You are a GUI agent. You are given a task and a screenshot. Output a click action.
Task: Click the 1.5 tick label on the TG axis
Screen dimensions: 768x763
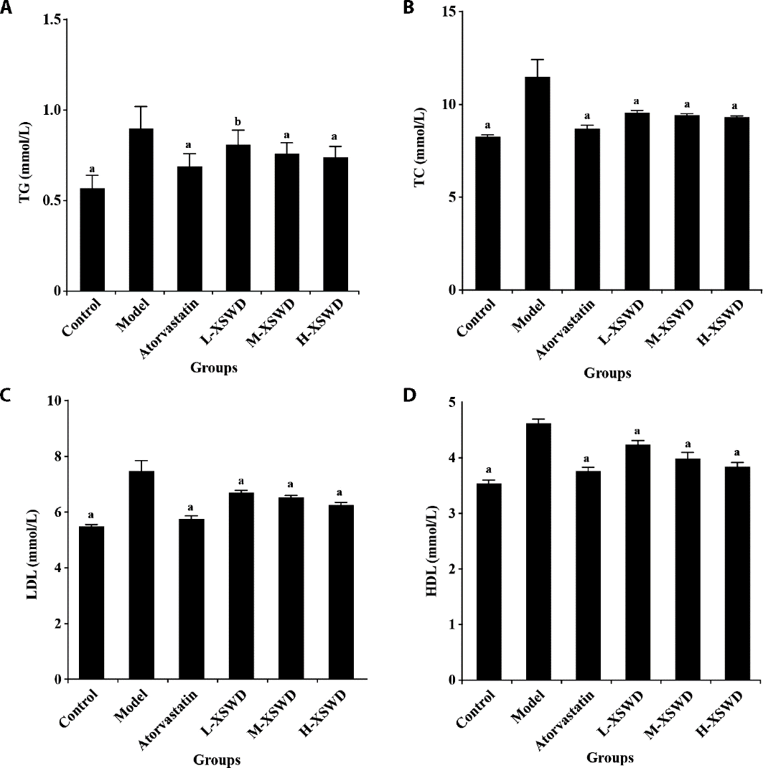tap(50, 19)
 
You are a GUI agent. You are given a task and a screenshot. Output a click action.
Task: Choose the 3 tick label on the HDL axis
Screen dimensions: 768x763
tap(451, 514)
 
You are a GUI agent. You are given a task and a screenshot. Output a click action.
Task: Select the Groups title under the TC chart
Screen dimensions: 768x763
tap(607, 373)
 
